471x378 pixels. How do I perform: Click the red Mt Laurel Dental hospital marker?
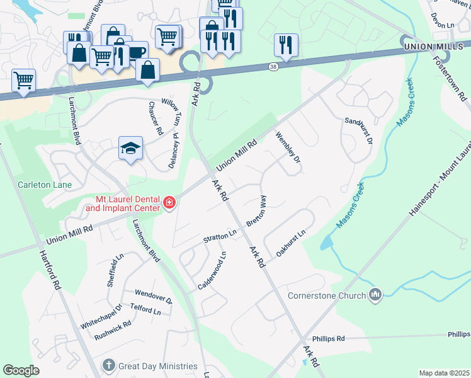169,203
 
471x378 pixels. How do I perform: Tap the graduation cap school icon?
131,149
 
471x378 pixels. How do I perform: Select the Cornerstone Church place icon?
375,295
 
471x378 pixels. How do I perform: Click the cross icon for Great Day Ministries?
109,365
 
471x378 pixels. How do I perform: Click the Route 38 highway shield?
272,66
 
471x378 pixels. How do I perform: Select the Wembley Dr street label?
288,147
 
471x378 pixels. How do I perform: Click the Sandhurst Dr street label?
358,130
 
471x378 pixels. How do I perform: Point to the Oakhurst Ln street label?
290,242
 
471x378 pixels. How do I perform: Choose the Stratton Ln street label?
219,238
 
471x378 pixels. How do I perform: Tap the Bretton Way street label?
256,210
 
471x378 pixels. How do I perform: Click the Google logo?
21,370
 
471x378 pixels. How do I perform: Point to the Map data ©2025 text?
443,373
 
